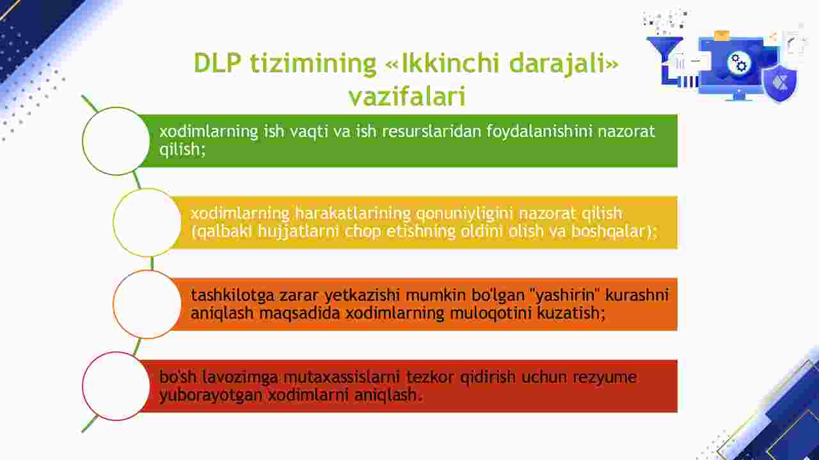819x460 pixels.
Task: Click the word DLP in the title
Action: (217, 63)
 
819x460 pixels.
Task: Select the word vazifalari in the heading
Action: (407, 96)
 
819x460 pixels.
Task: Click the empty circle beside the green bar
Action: (116, 141)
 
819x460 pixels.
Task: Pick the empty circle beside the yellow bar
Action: (147, 222)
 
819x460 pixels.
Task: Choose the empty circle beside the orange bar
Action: (147, 305)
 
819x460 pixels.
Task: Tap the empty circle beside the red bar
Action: (116, 386)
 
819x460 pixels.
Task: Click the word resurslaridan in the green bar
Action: (431, 131)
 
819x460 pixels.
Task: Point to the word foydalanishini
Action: (539, 132)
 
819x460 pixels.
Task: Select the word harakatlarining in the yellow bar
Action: (353, 213)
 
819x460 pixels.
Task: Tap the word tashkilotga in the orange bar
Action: (232, 296)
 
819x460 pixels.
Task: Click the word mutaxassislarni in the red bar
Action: (342, 377)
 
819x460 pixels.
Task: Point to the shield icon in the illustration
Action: (779, 84)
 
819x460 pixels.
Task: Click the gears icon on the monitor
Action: (738, 63)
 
